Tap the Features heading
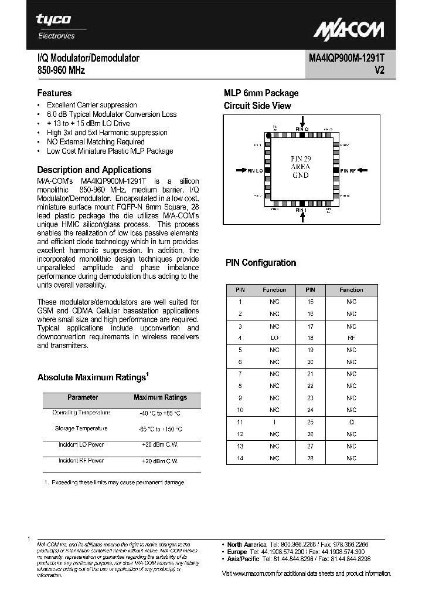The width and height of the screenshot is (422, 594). [55, 93]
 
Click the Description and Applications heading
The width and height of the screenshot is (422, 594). [94, 170]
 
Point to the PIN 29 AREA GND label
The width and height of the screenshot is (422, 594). [300, 167]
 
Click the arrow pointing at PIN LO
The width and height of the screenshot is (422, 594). [241, 170]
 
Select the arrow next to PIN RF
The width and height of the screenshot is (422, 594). [363, 170]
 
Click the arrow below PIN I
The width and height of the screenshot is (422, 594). [301, 218]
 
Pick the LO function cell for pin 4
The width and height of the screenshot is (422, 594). [274, 338]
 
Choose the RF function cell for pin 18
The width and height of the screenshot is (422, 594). [351, 338]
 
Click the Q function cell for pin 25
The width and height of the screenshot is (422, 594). [351, 422]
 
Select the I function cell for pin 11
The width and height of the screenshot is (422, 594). [274, 422]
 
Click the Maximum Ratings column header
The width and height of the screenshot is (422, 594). [160, 397]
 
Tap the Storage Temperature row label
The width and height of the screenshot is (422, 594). [81, 428]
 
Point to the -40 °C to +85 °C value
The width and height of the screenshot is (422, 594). [160, 413]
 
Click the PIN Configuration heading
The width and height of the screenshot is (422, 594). [261, 263]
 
